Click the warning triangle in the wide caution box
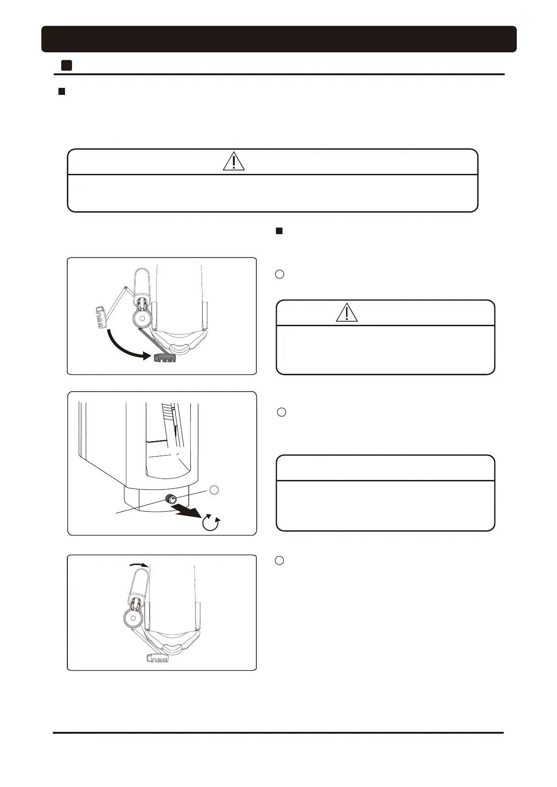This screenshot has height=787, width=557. pyautogui.click(x=233, y=161)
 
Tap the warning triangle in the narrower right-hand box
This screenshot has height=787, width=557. pyautogui.click(x=347, y=312)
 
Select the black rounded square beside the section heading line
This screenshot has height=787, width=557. pyautogui.click(x=66, y=65)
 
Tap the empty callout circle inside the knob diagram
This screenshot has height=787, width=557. pyautogui.click(x=214, y=490)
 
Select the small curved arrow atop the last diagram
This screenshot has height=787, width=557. pyautogui.click(x=138, y=565)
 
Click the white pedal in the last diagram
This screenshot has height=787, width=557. pyautogui.click(x=158, y=658)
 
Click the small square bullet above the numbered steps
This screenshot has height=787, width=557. pyautogui.click(x=279, y=231)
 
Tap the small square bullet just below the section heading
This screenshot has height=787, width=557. pyautogui.click(x=61, y=92)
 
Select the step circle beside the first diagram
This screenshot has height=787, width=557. pyautogui.click(x=279, y=274)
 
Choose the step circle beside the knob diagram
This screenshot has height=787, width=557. pyautogui.click(x=282, y=412)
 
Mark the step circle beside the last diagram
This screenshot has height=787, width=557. pyautogui.click(x=279, y=560)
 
